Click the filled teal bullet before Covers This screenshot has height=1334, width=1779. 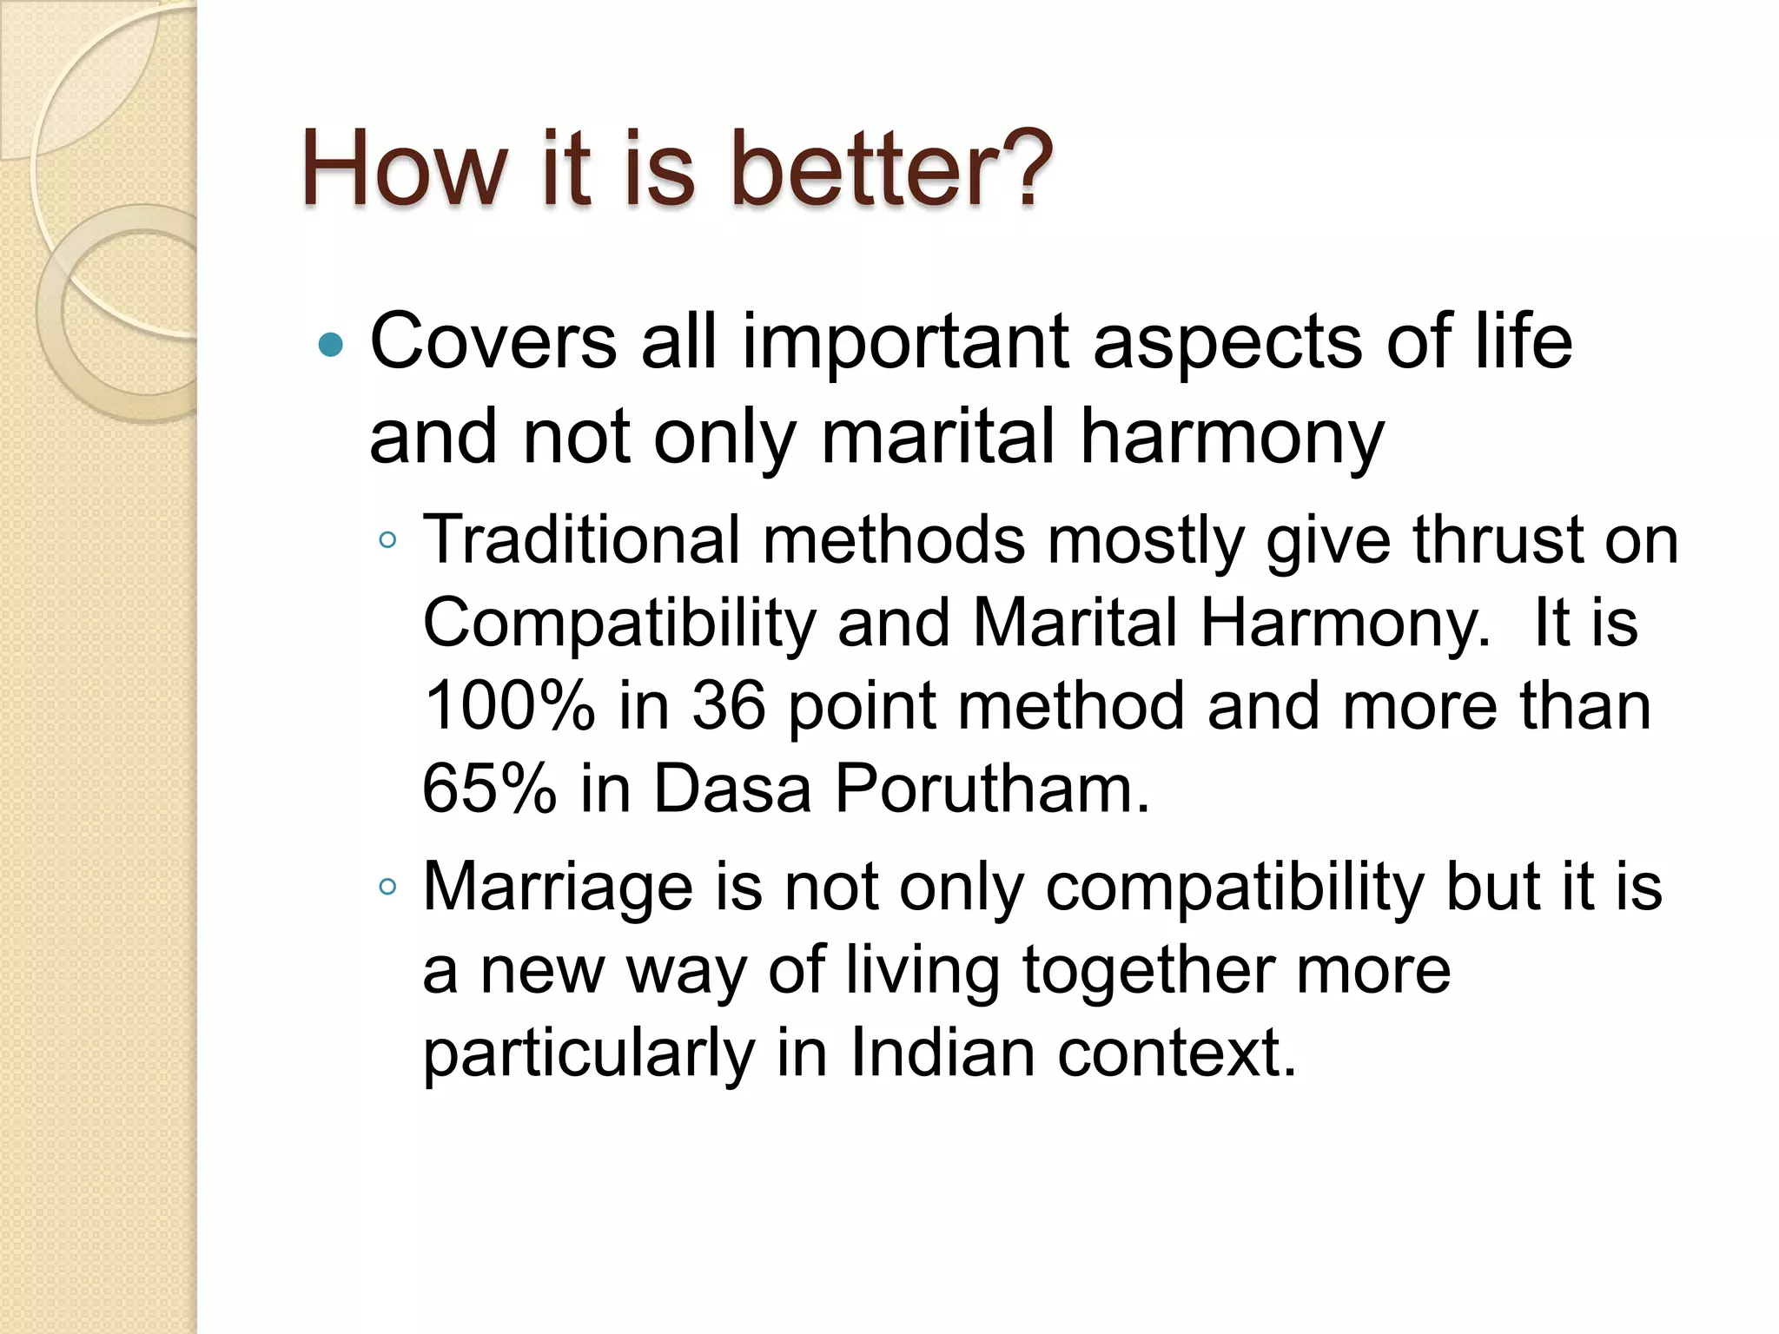(331, 346)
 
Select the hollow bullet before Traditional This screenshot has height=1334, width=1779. (387, 541)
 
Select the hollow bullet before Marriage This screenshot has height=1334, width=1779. (387, 887)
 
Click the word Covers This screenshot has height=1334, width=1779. (493, 341)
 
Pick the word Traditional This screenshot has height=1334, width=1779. (581, 539)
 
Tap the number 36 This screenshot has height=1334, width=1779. (728, 705)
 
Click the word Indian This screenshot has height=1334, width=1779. (942, 1053)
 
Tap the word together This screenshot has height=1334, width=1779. (1147, 971)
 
